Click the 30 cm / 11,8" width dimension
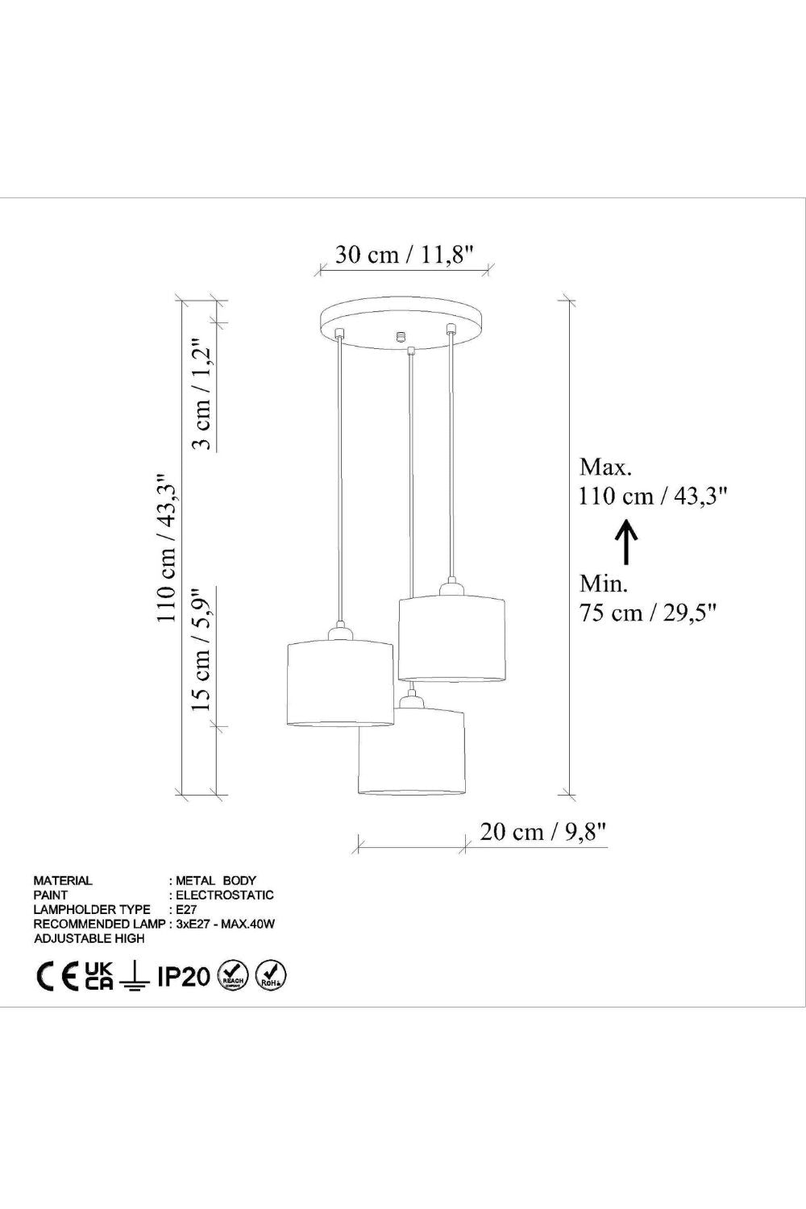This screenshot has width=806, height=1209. tap(405, 254)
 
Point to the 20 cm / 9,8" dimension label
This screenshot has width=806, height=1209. tap(543, 832)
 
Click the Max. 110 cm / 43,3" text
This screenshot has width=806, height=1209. tap(654, 481)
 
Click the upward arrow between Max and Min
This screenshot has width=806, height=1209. tap(627, 542)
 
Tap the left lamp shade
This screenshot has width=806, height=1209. tap(339, 683)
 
